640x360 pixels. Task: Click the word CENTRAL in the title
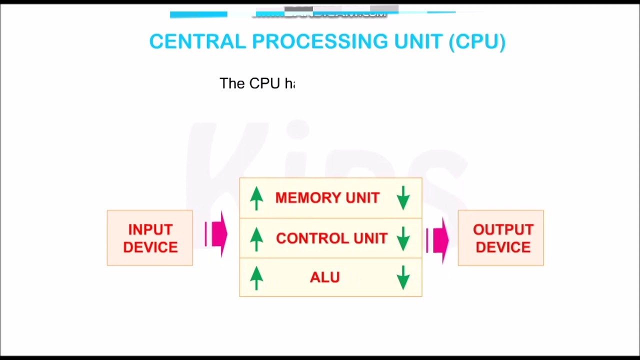tap(197, 41)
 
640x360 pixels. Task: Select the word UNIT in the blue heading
tap(418, 41)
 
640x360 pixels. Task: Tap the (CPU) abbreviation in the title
tap(477, 41)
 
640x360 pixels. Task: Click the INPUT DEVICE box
tap(150, 238)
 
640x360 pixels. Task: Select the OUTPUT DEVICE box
tap(500, 238)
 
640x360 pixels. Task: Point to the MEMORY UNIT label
tap(327, 198)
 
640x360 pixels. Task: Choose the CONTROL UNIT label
tap(331, 238)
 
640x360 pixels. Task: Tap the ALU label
tap(325, 277)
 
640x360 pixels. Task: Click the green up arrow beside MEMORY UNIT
tap(256, 198)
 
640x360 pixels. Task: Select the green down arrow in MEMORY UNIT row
tap(403, 198)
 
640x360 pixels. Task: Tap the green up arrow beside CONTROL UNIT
tap(256, 238)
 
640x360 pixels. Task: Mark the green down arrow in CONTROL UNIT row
tap(403, 238)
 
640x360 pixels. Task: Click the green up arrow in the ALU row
tap(256, 277)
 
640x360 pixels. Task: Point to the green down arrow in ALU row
tap(403, 277)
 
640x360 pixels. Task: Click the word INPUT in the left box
tap(150, 229)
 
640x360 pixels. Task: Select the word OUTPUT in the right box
tap(503, 229)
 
